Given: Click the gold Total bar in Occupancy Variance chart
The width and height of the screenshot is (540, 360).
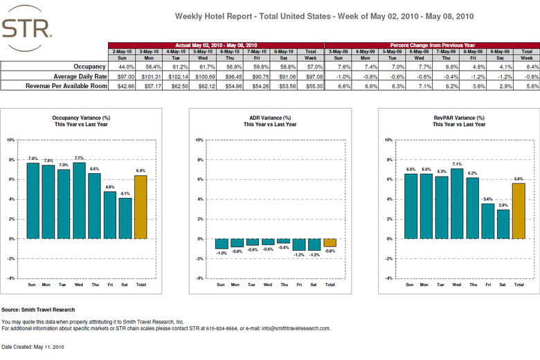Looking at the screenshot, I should click(x=141, y=207).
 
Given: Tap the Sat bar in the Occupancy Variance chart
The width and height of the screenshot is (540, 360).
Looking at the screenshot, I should click(x=125, y=218).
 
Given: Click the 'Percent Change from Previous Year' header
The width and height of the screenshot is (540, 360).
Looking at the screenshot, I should click(x=431, y=45).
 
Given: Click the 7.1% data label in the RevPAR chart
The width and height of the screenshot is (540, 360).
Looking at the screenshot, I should click(x=456, y=164).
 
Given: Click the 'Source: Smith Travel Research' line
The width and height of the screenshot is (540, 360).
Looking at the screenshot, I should click(x=38, y=309).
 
